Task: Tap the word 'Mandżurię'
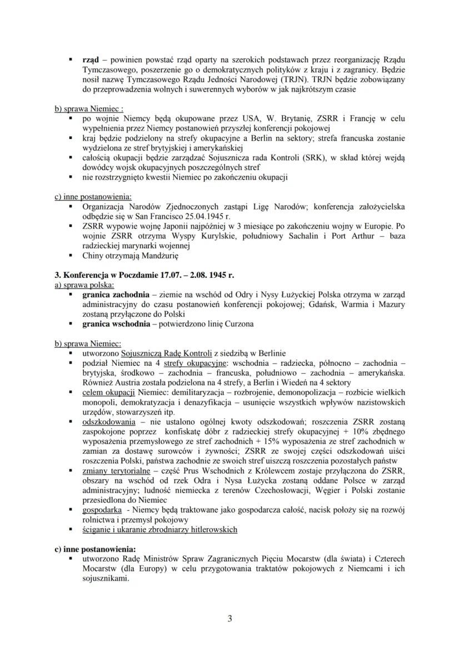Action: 158,256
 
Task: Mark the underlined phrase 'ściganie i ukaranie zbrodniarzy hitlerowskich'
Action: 159,529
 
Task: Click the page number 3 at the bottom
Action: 230,618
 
